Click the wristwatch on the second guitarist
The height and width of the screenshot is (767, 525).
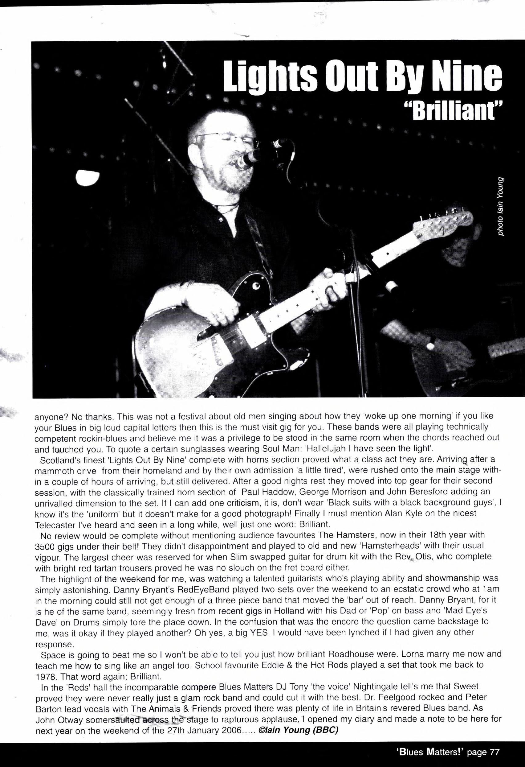[x=430, y=344]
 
